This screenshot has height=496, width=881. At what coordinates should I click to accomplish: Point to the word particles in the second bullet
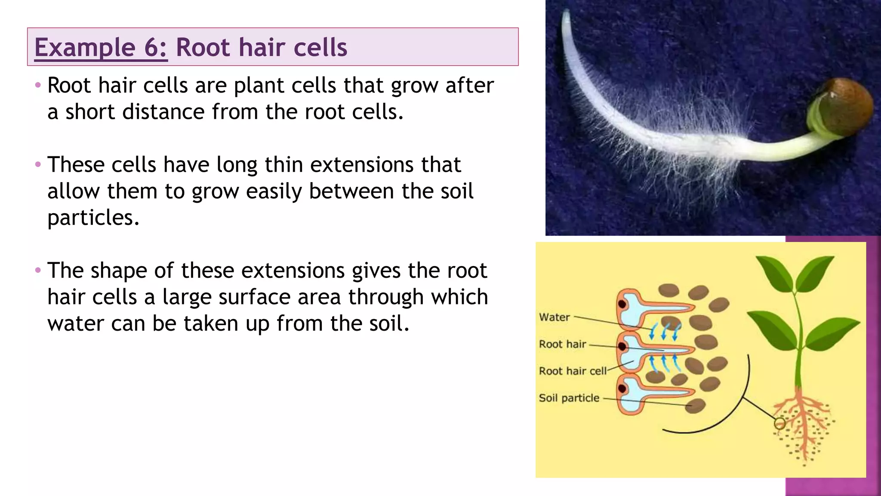(x=93, y=218)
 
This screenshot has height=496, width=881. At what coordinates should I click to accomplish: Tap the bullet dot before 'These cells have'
(x=38, y=164)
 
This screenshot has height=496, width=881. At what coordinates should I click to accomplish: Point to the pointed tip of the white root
(x=566, y=13)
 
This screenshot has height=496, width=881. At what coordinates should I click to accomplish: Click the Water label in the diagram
(x=554, y=317)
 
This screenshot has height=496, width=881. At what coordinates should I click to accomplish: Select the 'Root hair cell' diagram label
(x=572, y=371)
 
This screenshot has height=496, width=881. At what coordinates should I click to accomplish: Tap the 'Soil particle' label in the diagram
(x=569, y=398)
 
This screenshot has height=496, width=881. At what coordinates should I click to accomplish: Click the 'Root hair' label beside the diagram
(x=562, y=344)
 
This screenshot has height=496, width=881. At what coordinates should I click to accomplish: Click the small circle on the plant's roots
(x=779, y=424)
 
